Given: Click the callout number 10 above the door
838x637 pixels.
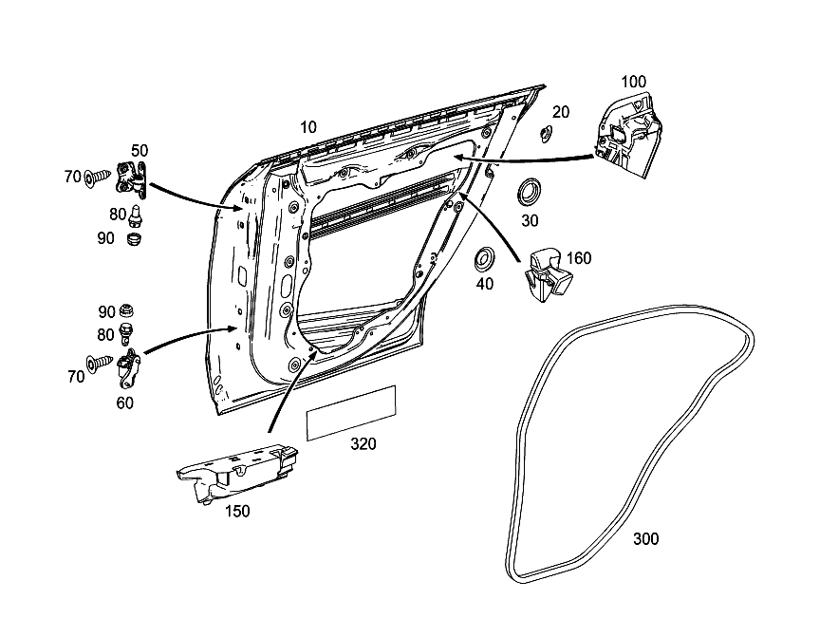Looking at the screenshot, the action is pyautogui.click(x=308, y=127).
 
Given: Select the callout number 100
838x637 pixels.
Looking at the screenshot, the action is pyautogui.click(x=633, y=82).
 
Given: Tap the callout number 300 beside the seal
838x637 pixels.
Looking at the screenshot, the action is pyautogui.click(x=645, y=538).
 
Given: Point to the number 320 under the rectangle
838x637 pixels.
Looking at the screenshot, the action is pyautogui.click(x=363, y=443).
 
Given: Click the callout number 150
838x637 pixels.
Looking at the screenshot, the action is pyautogui.click(x=237, y=512).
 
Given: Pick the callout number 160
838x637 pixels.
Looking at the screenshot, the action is pyautogui.click(x=579, y=258).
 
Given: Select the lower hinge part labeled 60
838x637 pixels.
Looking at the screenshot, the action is pyautogui.click(x=128, y=367).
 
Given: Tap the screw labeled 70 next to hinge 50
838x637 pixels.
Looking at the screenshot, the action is pyautogui.click(x=98, y=176).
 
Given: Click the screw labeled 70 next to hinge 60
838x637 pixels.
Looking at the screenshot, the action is pyautogui.click(x=100, y=364).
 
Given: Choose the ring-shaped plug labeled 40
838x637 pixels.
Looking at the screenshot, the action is pyautogui.click(x=485, y=259).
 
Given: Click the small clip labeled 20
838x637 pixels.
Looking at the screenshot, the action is pyautogui.click(x=547, y=133).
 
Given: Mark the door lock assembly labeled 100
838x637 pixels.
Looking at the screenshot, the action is pyautogui.click(x=628, y=135).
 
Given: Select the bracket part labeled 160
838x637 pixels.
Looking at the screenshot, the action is pyautogui.click(x=549, y=275).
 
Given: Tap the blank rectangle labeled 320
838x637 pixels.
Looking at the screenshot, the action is pyautogui.click(x=351, y=413).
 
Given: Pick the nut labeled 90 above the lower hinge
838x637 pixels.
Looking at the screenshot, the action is pyautogui.click(x=126, y=309).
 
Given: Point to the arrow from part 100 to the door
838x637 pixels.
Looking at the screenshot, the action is pyautogui.click(x=524, y=159).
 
